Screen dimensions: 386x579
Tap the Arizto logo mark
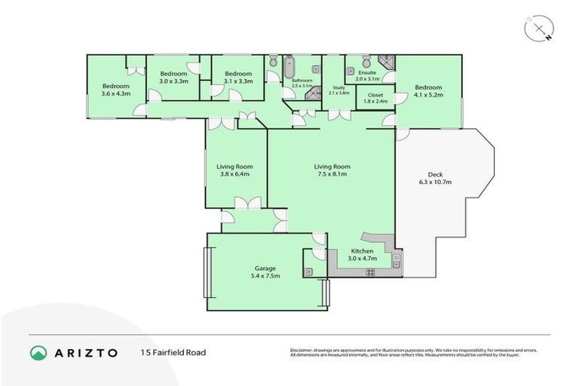pyautogui.click(x=38, y=352)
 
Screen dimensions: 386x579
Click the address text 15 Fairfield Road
pyautogui.click(x=173, y=352)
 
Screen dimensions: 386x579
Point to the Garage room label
pyautogui.click(x=265, y=268)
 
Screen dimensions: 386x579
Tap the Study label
pyautogui.click(x=338, y=87)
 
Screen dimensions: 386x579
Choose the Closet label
pyautogui.click(x=375, y=94)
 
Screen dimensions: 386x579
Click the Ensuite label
pyautogui.click(x=367, y=72)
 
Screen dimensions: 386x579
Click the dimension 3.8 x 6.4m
pyautogui.click(x=234, y=174)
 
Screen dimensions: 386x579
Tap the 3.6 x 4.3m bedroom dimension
pyautogui.click(x=116, y=93)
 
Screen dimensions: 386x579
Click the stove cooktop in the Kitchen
pyautogui.click(x=397, y=261)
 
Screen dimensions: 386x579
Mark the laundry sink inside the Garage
pyautogui.click(x=310, y=270)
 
